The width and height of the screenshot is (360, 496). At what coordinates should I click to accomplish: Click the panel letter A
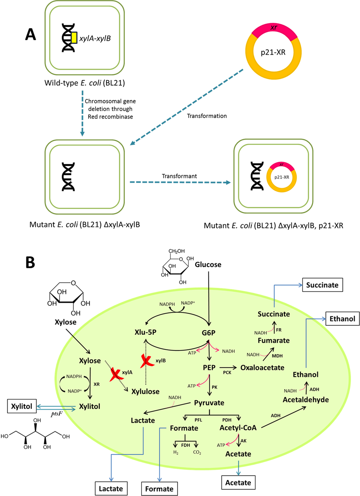click(x=31, y=34)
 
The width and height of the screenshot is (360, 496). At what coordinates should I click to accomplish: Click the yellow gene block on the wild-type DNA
click(x=74, y=38)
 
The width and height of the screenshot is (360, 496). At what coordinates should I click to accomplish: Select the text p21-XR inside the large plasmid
click(x=273, y=52)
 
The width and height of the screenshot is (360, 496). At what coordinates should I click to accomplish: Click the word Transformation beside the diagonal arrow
click(x=207, y=116)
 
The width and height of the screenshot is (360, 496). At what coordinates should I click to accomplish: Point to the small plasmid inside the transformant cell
click(x=281, y=177)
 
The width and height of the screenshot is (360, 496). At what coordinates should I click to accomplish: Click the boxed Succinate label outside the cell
click(x=322, y=285)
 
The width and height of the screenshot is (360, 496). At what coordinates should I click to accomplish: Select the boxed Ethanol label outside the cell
click(x=342, y=319)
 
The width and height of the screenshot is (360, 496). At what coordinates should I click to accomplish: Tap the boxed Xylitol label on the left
click(x=22, y=406)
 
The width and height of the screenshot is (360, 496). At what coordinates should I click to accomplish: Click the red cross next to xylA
click(x=116, y=374)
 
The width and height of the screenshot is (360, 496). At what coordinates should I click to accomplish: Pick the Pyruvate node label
click(x=209, y=403)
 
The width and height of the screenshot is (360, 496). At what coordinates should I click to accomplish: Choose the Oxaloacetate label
click(x=262, y=367)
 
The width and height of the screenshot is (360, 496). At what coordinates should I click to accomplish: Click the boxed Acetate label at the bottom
click(x=238, y=483)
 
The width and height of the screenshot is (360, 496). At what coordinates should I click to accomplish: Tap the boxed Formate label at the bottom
click(x=159, y=489)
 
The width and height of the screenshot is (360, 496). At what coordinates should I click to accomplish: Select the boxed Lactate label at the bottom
click(x=111, y=488)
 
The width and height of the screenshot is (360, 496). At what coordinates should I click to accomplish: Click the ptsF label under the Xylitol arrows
click(x=56, y=414)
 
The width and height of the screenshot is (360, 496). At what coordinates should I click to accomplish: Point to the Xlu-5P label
click(x=145, y=332)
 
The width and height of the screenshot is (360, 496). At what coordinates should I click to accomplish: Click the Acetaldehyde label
click(x=305, y=400)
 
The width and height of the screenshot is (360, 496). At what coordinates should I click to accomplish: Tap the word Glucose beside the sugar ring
click(x=208, y=265)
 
